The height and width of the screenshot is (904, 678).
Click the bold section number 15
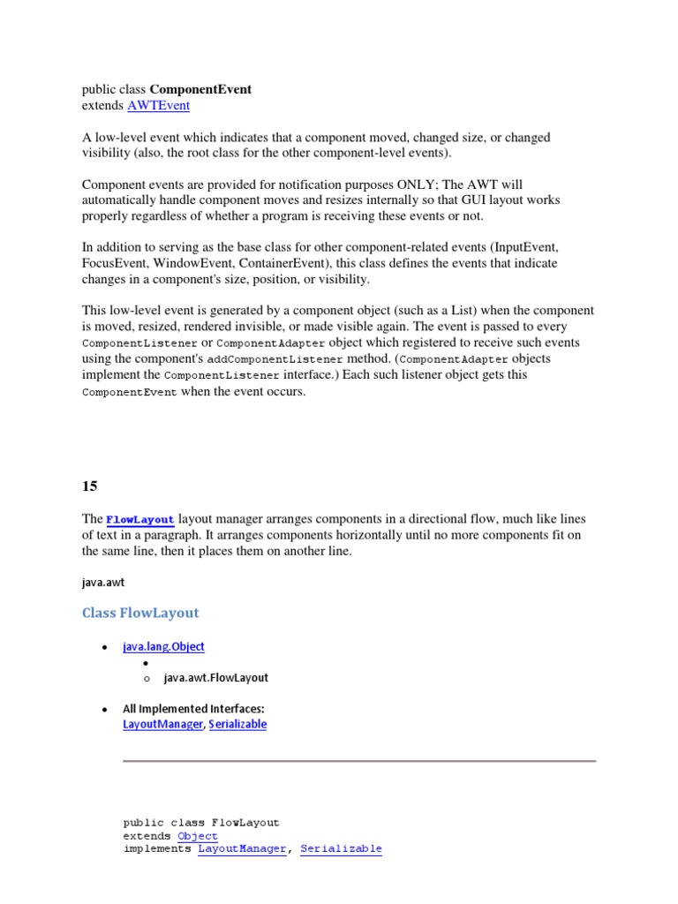click(90, 486)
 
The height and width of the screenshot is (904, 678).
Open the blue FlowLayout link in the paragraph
click(140, 519)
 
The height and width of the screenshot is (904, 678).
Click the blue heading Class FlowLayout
click(140, 613)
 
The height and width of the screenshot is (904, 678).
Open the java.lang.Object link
click(163, 646)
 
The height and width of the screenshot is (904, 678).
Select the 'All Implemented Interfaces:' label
click(193, 709)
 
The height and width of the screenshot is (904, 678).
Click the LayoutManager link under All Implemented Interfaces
click(163, 724)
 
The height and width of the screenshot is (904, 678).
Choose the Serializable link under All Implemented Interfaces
click(237, 724)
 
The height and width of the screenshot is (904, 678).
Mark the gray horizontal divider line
click(358, 760)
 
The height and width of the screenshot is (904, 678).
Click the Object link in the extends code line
click(198, 836)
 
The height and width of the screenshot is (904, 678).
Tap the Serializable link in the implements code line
click(341, 849)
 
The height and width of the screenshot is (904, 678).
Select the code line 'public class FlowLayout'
click(201, 823)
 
